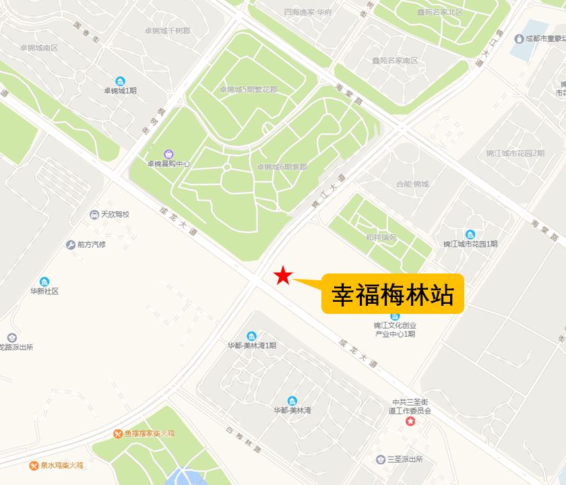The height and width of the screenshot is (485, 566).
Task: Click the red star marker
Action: coord(284,275)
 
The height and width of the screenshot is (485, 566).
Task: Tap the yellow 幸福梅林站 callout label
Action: coord(393,294)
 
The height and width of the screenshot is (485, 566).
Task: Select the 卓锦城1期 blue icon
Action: coord(120,81)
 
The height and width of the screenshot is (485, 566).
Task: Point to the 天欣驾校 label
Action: coord(115,215)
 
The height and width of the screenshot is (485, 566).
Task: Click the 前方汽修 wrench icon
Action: coord(70,245)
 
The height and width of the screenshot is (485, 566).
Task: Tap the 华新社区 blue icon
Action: coord(44,282)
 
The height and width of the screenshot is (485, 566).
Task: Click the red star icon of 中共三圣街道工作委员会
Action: coord(410,422)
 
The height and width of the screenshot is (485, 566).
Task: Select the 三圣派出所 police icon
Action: coord(381,459)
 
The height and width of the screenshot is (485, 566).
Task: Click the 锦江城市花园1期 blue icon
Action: coord(470,234)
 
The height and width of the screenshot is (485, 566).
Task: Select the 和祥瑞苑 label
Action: coord(381,237)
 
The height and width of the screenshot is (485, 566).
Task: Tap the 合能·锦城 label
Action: coord(412,184)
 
